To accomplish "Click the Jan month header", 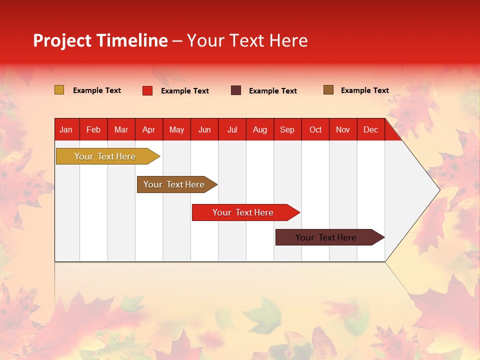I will [66, 129].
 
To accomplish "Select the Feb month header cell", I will [93, 129].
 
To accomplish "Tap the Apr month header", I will [148, 129].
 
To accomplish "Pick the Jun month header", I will [204, 129].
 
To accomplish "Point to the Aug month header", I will [259, 129].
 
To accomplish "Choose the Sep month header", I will [287, 129].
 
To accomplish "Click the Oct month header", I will [315, 129].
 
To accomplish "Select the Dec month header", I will [370, 129].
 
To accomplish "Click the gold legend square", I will [59, 90].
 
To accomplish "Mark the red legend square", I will [147, 90].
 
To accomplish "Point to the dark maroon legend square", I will [236, 90].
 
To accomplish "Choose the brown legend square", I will [328, 90].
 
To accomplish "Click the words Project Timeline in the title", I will [100, 40].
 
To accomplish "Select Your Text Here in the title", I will [247, 40].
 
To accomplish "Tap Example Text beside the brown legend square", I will [364, 90].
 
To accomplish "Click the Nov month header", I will [343, 129].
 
